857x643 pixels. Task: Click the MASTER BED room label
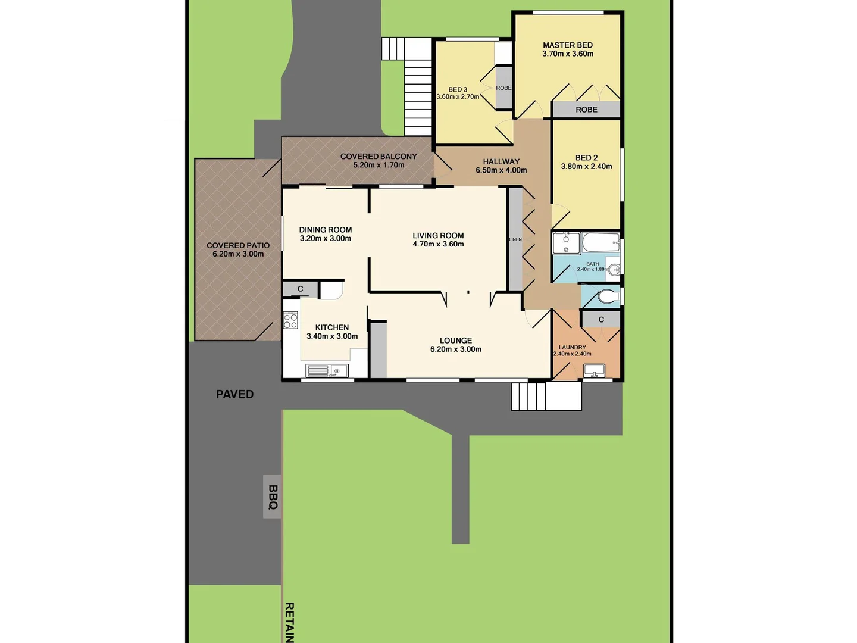tap(567, 45)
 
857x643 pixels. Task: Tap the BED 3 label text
tap(458, 89)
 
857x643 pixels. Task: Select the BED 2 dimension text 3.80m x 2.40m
tap(586, 167)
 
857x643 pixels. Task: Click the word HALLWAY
tap(501, 161)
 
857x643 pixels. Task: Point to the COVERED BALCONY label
tap(379, 157)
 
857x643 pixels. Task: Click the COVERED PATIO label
tap(238, 245)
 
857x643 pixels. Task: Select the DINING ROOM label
tap(326, 230)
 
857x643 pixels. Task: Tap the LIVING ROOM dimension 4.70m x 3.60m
tap(438, 244)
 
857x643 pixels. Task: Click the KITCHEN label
tap(332, 327)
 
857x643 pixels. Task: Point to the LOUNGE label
tap(456, 341)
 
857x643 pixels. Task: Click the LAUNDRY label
tap(572, 347)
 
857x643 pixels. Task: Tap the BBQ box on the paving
tap(273, 497)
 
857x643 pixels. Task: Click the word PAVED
tap(234, 394)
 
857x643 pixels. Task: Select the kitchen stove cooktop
tap(290, 321)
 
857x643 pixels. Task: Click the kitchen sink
tap(327, 371)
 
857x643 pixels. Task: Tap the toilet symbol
tap(608, 296)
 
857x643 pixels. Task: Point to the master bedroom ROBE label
tap(586, 110)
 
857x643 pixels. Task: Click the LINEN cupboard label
tap(515, 239)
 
